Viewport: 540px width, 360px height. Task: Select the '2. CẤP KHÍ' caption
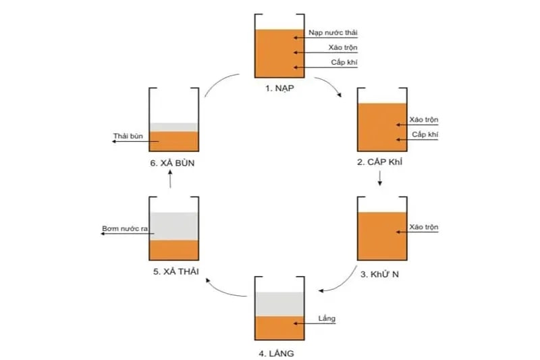(x=381, y=162)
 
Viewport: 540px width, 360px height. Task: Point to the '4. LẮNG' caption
(x=277, y=352)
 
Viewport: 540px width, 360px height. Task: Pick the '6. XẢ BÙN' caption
(x=173, y=163)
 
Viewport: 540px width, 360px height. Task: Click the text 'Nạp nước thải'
(x=333, y=32)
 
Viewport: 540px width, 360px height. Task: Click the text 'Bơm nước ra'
(x=124, y=230)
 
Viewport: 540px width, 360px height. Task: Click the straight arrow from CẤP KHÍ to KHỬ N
(x=381, y=178)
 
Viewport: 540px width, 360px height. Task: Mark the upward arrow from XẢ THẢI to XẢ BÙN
(x=170, y=179)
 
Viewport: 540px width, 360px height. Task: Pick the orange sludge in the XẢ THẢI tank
(x=173, y=249)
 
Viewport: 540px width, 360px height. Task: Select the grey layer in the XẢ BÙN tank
(x=173, y=127)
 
